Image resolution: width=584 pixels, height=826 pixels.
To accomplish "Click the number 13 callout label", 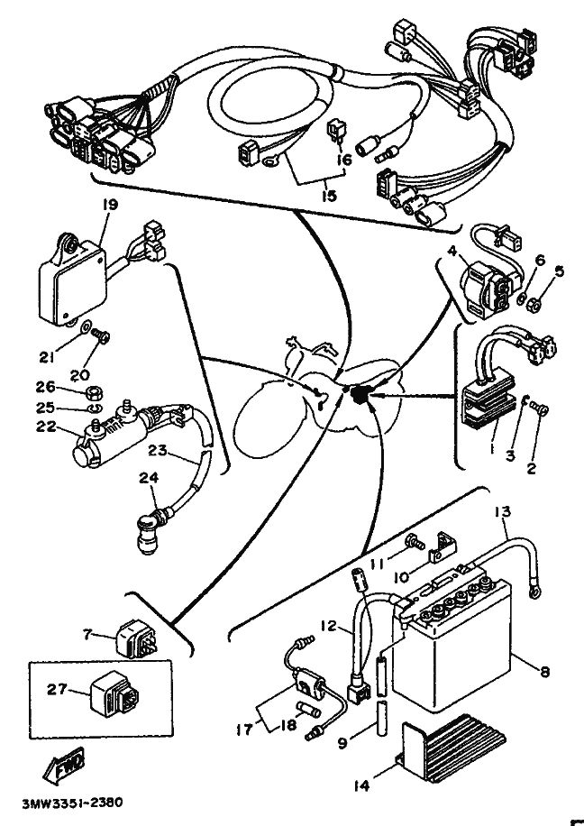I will coord(502,511).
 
